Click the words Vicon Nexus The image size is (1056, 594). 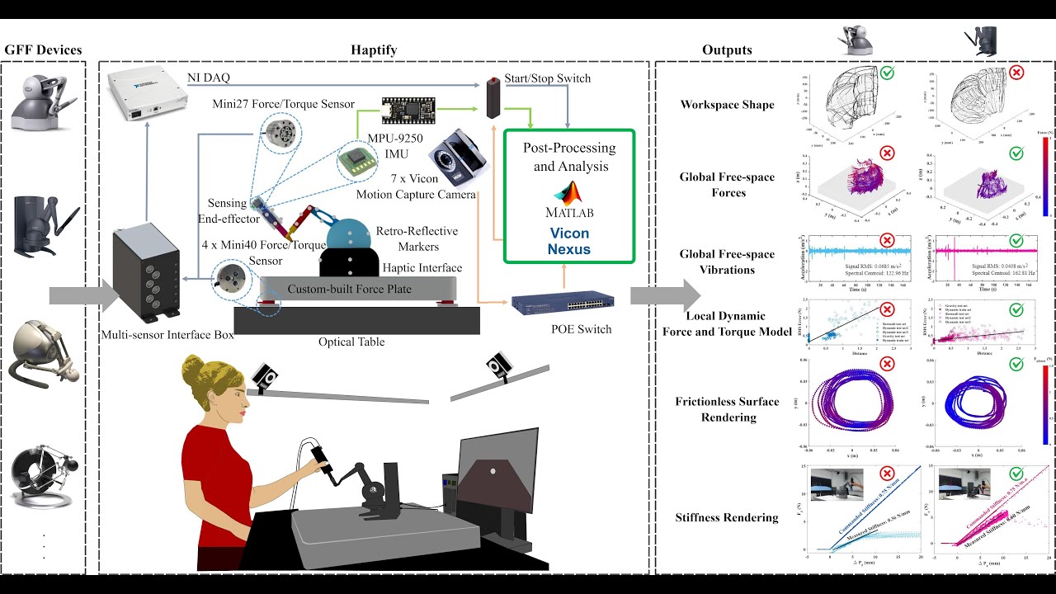[x=569, y=240]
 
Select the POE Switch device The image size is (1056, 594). [x=555, y=304]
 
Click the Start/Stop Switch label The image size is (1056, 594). [x=547, y=78]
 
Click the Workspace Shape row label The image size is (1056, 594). [x=727, y=105]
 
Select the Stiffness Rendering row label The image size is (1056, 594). [x=727, y=517]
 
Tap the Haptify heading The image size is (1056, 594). [x=374, y=50]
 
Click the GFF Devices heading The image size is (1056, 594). [x=43, y=50]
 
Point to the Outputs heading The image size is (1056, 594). [x=727, y=50]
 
